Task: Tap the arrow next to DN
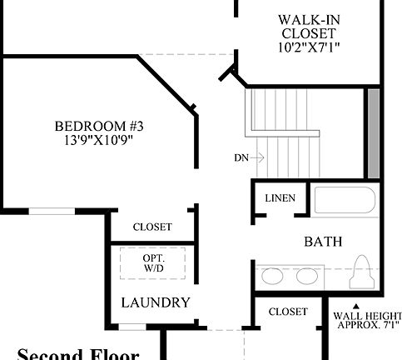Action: pos(259,157)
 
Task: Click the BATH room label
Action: pos(323,242)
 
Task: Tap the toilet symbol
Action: pos(362,272)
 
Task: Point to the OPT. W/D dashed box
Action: pos(152,264)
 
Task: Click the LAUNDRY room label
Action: pos(156,302)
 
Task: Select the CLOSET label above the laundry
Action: pos(152,227)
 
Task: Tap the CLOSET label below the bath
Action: pos(288,312)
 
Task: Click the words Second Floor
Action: pos(77,353)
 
